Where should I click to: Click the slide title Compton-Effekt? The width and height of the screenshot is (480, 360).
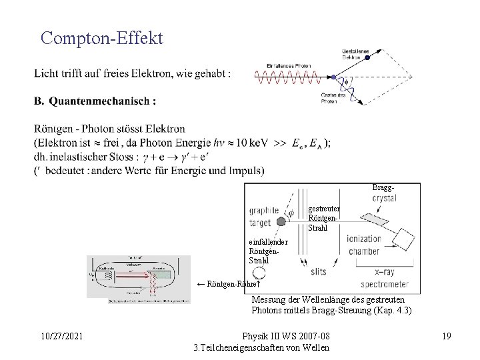click(101, 37)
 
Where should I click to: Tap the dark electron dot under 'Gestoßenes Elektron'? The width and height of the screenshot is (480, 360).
click(367, 59)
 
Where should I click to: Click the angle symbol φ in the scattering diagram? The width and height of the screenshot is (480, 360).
click(345, 83)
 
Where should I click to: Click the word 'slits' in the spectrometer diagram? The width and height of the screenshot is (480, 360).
click(318, 271)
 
